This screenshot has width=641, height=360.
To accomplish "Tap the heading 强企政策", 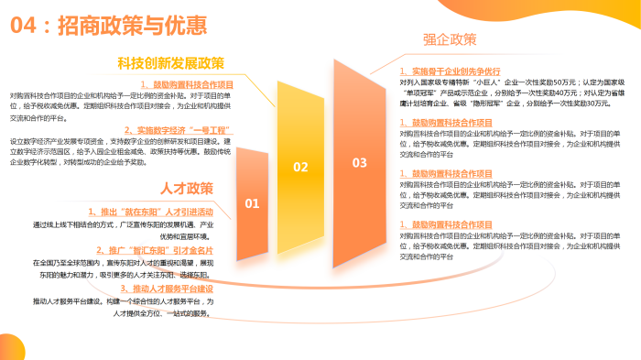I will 450,39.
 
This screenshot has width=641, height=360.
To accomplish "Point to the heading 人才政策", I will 186,189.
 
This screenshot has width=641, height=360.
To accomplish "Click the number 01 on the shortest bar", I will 253,203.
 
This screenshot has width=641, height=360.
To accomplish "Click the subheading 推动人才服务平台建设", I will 161,288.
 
